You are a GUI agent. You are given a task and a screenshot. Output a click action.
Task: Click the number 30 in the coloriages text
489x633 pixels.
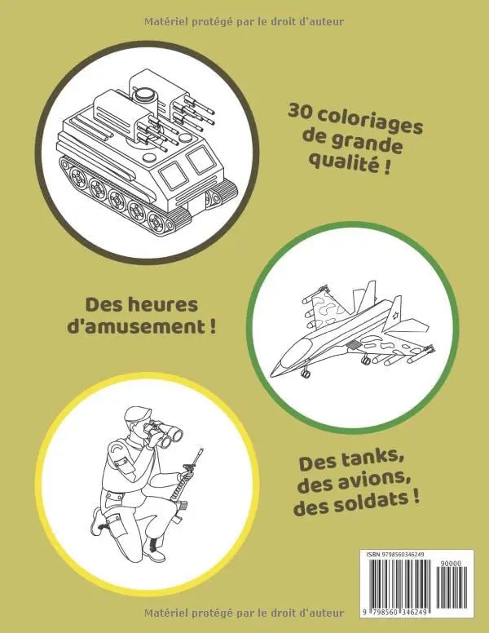pyautogui.click(x=299, y=111)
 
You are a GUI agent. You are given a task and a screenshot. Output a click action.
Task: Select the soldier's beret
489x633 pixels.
pyautogui.click(x=134, y=414)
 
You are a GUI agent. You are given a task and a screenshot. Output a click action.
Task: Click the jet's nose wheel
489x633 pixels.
pyautogui.click(x=306, y=374)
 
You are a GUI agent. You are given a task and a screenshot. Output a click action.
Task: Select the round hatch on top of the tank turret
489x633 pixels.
pyautogui.click(x=146, y=95)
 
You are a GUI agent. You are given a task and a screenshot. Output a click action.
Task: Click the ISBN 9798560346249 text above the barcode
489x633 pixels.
pyautogui.click(x=395, y=555)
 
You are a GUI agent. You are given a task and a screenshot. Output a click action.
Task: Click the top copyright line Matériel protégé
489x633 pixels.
pyautogui.click(x=244, y=21)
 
